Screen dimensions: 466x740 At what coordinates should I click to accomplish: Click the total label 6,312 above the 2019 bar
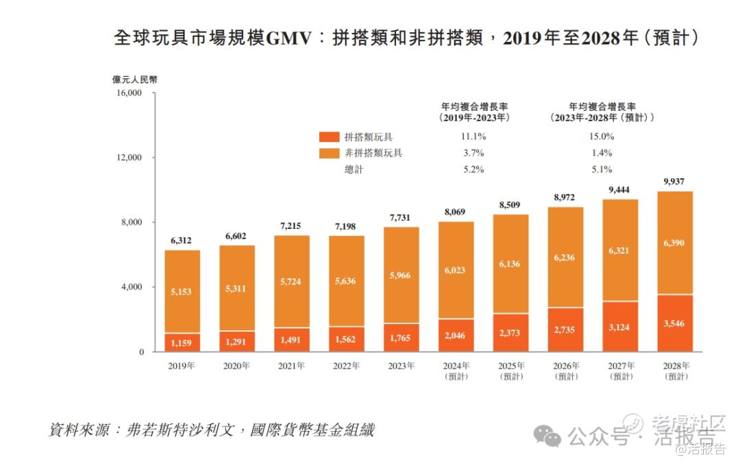(182, 241)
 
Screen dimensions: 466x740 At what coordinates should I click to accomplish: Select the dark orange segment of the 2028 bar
(675, 323)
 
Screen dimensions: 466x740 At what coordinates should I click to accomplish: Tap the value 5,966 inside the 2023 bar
(401, 276)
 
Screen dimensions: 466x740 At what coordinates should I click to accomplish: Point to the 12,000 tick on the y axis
(129, 158)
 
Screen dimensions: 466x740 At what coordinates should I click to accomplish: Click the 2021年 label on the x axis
(291, 366)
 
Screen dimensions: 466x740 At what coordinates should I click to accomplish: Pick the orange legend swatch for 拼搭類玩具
(329, 137)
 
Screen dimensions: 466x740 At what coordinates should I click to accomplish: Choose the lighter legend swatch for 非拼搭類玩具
(329, 153)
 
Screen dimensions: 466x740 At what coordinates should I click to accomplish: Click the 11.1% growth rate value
(474, 137)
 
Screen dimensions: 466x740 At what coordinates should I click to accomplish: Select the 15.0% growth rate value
(601, 137)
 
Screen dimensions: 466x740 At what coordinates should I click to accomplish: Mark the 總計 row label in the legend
(354, 169)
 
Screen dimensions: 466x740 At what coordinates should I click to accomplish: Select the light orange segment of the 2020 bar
(236, 288)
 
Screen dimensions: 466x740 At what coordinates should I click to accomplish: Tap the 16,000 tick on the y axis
(129, 93)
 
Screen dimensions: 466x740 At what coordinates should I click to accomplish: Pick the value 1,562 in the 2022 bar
(346, 338)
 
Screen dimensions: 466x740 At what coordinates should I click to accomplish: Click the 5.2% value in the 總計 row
(474, 169)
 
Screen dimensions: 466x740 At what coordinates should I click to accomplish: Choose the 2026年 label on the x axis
(565, 366)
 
